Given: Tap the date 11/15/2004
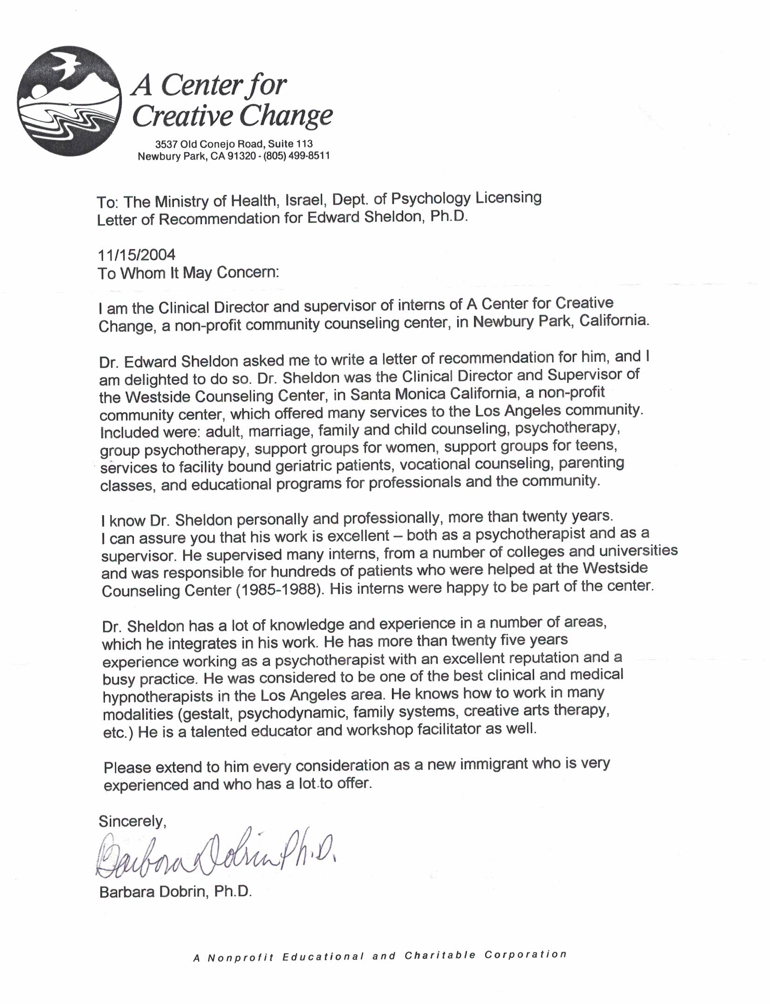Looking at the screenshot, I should click(x=136, y=255).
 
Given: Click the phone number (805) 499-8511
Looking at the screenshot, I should click(x=296, y=156).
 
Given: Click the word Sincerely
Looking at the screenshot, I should click(x=132, y=821).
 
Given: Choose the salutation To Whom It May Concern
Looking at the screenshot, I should click(x=188, y=273).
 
